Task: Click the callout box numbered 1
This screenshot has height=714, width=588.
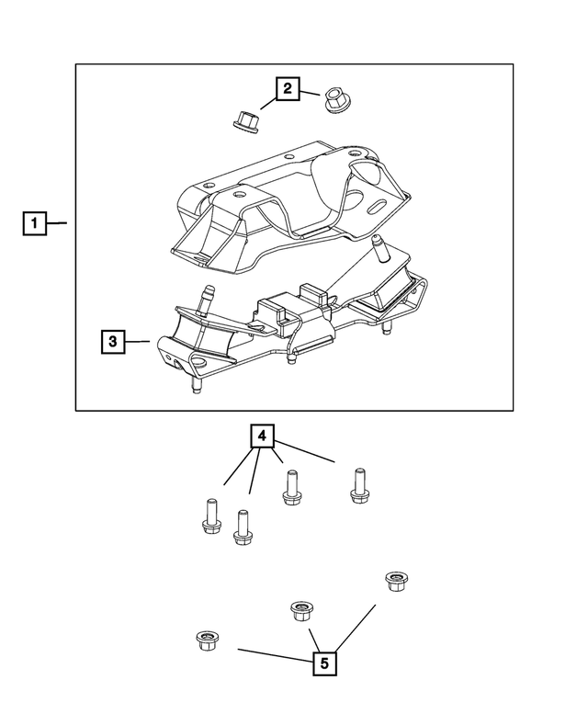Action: point(34,223)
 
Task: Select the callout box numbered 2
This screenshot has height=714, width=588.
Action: point(288,88)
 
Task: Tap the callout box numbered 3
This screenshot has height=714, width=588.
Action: point(112,342)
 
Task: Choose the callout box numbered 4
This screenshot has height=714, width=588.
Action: point(263,435)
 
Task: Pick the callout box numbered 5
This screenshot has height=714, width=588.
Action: point(322,663)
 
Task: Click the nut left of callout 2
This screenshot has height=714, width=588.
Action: point(243,119)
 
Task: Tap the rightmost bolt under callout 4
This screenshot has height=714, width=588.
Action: point(359,485)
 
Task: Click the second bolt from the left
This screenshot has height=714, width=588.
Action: point(243,527)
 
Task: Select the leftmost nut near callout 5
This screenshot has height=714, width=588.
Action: point(206,640)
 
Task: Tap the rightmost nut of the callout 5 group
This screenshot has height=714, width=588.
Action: point(396,581)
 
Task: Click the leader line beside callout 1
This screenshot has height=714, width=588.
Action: point(58,223)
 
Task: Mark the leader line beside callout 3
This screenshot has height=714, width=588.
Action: point(138,342)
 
